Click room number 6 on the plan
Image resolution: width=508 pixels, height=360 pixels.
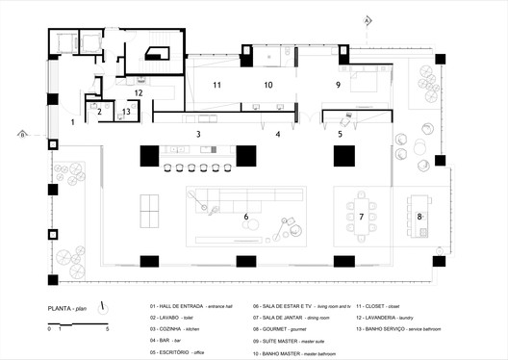click(246, 218)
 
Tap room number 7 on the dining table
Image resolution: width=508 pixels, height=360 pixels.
click(362, 218)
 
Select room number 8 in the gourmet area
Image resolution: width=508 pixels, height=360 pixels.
click(419, 218)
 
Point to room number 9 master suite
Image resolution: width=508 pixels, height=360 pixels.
click(338, 85)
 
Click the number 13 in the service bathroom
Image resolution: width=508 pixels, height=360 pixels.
click(127, 112)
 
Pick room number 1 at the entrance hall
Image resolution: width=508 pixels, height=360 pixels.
click(72, 122)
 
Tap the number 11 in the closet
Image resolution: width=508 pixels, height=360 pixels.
click(217, 86)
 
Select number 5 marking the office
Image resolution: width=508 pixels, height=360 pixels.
click(340, 134)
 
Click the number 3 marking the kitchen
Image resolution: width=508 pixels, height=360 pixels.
click(198, 134)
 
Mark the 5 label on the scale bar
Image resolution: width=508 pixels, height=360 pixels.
click(108, 328)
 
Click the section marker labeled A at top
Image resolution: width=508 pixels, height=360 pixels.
click(367, 18)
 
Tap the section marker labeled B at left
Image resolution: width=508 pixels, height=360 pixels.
click(19, 135)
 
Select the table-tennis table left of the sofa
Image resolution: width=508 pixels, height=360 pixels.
click(153, 206)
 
